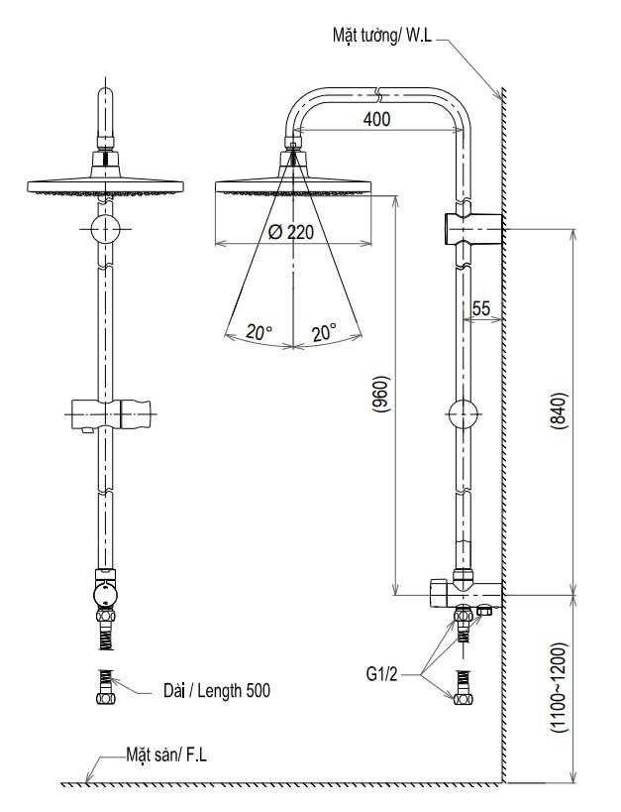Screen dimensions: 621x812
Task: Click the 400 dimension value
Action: (x=376, y=120)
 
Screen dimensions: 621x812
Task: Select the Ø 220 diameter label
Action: (x=291, y=232)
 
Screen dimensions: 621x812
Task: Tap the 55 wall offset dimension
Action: (x=480, y=308)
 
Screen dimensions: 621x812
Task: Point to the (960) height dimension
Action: (x=380, y=394)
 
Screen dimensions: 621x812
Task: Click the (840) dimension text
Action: (x=560, y=411)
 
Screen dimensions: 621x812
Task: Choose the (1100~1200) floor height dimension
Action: (x=560, y=687)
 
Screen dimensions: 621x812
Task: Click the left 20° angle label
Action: (x=259, y=331)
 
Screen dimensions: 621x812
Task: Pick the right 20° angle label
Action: (x=325, y=331)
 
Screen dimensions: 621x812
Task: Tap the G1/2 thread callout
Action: (x=382, y=674)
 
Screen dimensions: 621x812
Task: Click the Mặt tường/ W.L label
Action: (x=382, y=36)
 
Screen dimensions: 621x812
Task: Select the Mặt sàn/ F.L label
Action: (x=166, y=754)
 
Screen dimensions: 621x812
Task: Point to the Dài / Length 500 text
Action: (x=217, y=690)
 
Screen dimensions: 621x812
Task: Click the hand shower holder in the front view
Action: (x=112, y=414)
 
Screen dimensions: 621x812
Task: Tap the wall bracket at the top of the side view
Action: (x=472, y=228)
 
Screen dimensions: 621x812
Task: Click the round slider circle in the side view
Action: (x=463, y=414)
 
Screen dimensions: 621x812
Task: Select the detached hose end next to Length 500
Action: (x=105, y=687)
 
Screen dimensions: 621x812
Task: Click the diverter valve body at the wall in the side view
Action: (x=466, y=593)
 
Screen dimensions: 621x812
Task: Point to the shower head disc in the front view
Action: (x=106, y=187)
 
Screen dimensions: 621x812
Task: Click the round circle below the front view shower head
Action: (x=105, y=228)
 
